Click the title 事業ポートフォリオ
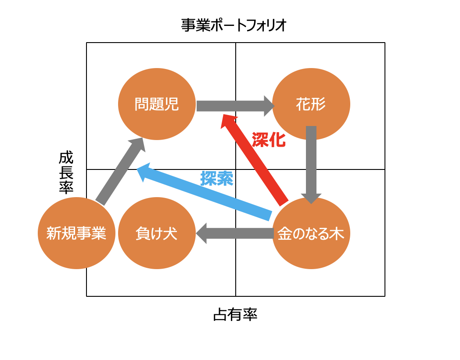pyautogui.click(x=234, y=25)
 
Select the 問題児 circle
pyautogui.click(x=157, y=104)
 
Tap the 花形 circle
pyautogui.click(x=311, y=104)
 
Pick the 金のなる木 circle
pyautogui.click(x=311, y=234)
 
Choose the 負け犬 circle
pyautogui.click(x=157, y=234)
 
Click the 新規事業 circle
pyautogui.click(x=76, y=234)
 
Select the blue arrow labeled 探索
pyautogui.click(x=206, y=194)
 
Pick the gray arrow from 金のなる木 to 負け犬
pyautogui.click(x=237, y=233)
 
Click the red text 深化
pyautogui.click(x=269, y=140)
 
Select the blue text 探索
pyautogui.click(x=216, y=178)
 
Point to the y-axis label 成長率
pyautogui.click(x=66, y=172)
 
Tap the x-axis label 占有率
pyautogui.click(x=235, y=314)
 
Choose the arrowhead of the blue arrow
pyautogui.click(x=144, y=173)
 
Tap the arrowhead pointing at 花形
pyautogui.click(x=268, y=106)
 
